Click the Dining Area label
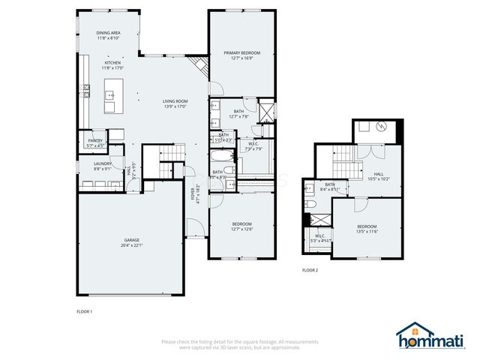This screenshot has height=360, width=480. coord(109,34)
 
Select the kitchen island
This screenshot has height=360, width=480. coord(110,95)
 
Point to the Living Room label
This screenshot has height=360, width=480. coord(175,101)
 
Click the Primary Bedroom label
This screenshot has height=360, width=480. coord(242,52)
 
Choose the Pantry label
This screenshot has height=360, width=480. coord(95,140)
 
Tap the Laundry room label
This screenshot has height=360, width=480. coord(103,163)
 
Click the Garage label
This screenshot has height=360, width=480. coord(131,240)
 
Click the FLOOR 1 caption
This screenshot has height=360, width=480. coord(84,310)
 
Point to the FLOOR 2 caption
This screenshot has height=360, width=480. coord(310,270)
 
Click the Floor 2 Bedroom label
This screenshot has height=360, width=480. coord(366,226)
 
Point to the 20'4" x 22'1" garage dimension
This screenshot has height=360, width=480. coord(131,245)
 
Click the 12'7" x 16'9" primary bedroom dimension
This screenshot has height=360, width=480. coord(242,58)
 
